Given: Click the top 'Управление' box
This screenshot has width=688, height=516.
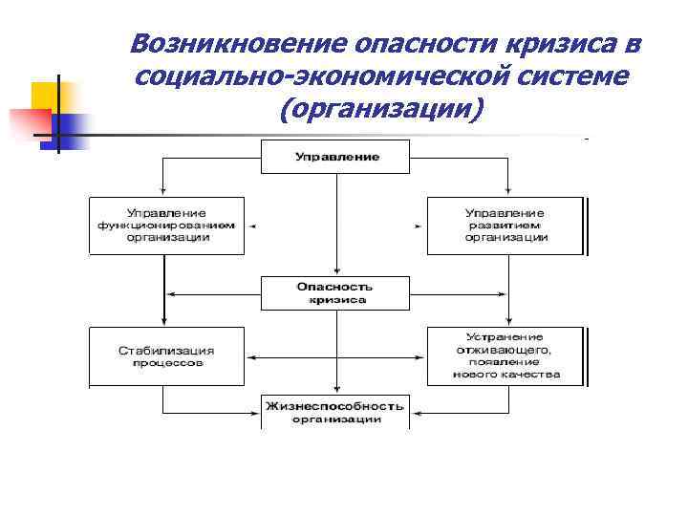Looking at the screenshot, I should pos(335,156).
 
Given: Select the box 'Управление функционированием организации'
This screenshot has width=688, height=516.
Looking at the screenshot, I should pos(167,226).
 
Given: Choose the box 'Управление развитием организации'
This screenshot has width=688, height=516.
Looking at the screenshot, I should pos(505,226).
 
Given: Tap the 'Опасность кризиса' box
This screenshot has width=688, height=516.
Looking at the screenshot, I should pos(335,292).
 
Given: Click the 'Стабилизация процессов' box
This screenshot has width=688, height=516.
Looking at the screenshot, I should pos(167,356).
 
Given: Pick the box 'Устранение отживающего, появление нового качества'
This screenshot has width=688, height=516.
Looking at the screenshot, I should pos(505,356).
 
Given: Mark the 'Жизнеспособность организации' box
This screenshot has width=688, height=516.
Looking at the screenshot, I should pos(335,412).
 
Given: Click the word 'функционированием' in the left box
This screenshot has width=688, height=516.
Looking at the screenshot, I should pos(167,226).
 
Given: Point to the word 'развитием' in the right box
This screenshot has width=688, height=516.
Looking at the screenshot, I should pos(505,226).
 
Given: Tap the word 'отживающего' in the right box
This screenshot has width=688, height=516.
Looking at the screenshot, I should pos(505,350).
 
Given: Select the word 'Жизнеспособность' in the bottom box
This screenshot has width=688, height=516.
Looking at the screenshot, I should pos(335,406).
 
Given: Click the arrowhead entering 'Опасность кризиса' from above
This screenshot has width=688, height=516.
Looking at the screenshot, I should pos(335,272).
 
